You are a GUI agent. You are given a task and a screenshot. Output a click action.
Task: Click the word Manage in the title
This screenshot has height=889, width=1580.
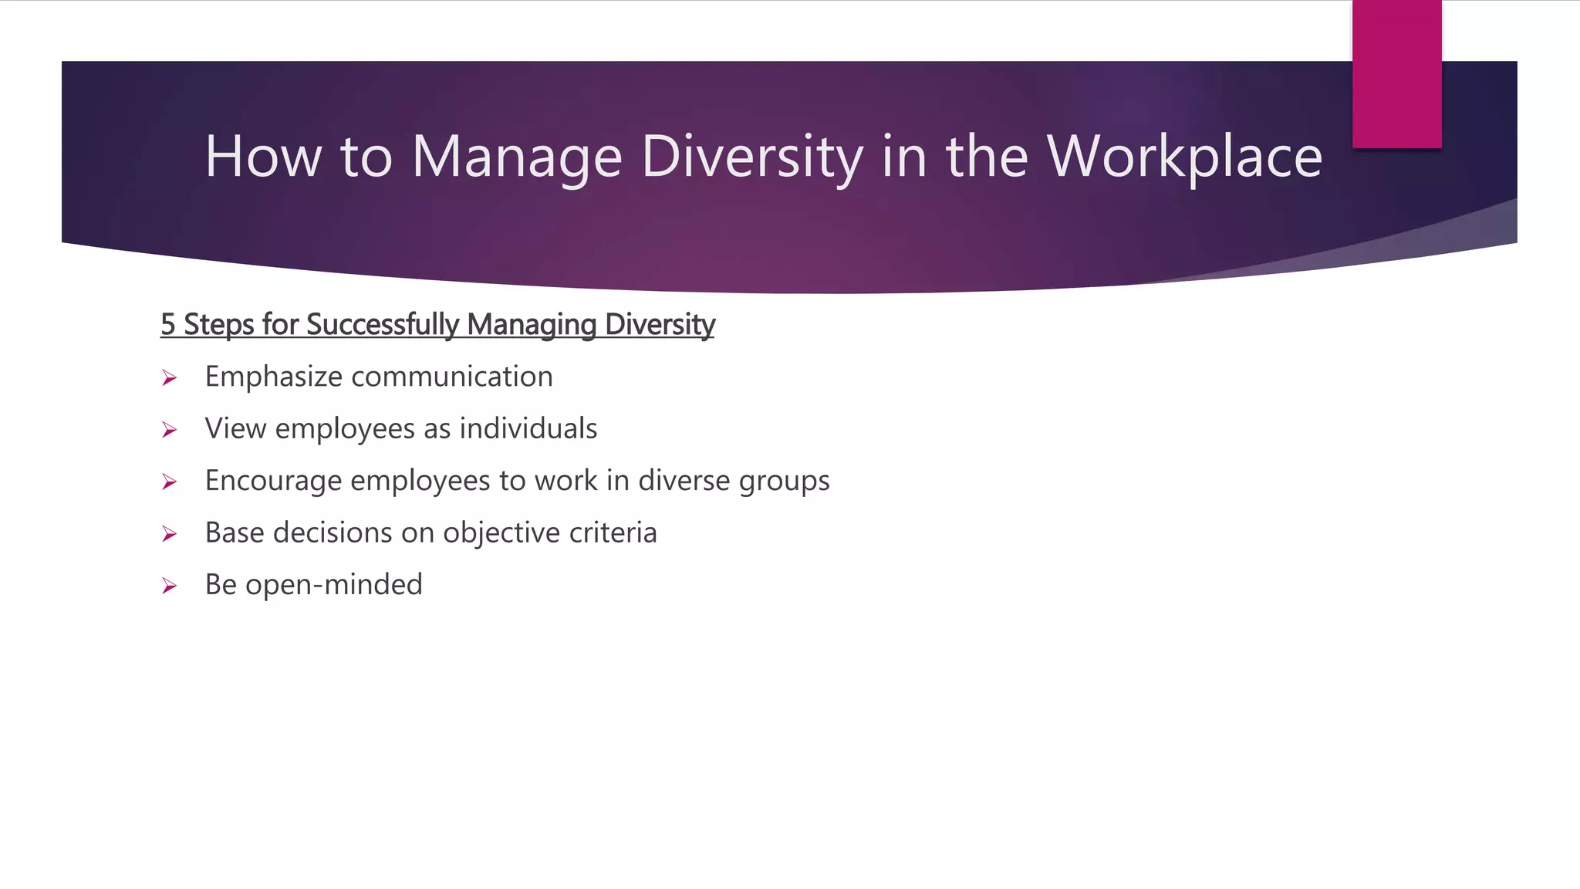pos(516,157)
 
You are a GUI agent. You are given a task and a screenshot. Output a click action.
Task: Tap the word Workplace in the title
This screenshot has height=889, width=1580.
pos(1184,157)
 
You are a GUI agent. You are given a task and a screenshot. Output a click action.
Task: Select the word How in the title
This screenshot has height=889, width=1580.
pos(262,157)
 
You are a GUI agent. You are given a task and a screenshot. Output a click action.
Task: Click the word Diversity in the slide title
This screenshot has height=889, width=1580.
pos(752,157)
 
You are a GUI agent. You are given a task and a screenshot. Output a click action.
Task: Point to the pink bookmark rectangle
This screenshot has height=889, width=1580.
pos(1396,74)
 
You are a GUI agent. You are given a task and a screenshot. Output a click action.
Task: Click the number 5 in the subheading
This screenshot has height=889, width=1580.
pos(167,324)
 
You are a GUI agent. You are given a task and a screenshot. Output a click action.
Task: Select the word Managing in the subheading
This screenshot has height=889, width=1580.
pos(532,324)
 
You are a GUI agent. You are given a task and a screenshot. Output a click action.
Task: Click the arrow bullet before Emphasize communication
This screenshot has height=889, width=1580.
pos(170,378)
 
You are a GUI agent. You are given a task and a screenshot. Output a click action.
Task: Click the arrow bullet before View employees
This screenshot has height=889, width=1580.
pos(170,430)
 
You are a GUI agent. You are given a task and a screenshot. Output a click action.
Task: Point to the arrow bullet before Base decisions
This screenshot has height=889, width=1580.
pos(170,534)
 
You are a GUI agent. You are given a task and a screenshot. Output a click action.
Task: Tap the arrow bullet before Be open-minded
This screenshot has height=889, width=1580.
pos(170,586)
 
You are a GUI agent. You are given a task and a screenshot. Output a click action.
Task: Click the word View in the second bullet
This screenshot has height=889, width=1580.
pos(235,428)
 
